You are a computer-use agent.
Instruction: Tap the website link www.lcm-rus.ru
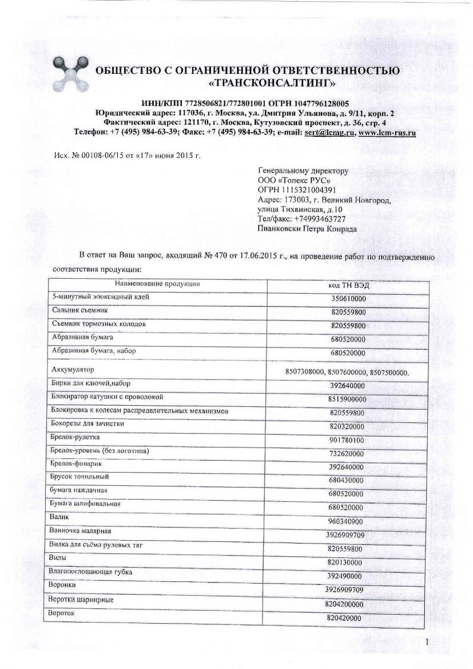[x=387, y=132]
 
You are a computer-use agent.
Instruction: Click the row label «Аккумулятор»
[x=73, y=370]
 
